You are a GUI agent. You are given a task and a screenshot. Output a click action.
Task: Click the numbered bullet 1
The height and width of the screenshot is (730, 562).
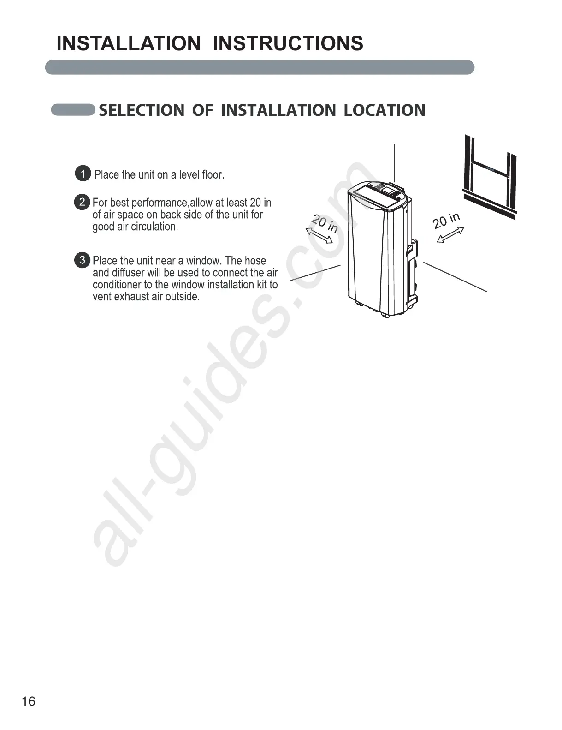tap(83, 174)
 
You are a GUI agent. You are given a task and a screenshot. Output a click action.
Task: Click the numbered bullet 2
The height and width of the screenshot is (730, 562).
tap(82, 202)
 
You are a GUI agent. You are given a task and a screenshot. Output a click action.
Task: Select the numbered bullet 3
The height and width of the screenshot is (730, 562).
tap(82, 260)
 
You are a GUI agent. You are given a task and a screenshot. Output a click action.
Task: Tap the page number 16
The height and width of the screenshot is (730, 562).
tap(28, 701)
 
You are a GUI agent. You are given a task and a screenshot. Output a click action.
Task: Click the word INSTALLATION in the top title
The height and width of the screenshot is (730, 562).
tap(129, 43)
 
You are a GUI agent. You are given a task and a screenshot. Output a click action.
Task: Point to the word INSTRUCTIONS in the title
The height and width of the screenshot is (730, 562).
tap(288, 43)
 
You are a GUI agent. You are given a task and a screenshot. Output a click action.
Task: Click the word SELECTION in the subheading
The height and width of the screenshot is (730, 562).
tap(142, 110)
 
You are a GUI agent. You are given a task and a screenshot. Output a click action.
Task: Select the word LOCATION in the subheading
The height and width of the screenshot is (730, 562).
tap(385, 110)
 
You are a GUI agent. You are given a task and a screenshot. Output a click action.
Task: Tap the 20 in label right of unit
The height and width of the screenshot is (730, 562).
tap(446, 221)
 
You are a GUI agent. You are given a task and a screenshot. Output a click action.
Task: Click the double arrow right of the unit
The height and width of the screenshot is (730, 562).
tap(450, 235)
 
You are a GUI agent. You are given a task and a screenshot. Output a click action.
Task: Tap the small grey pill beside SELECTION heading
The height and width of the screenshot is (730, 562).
tap(73, 110)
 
